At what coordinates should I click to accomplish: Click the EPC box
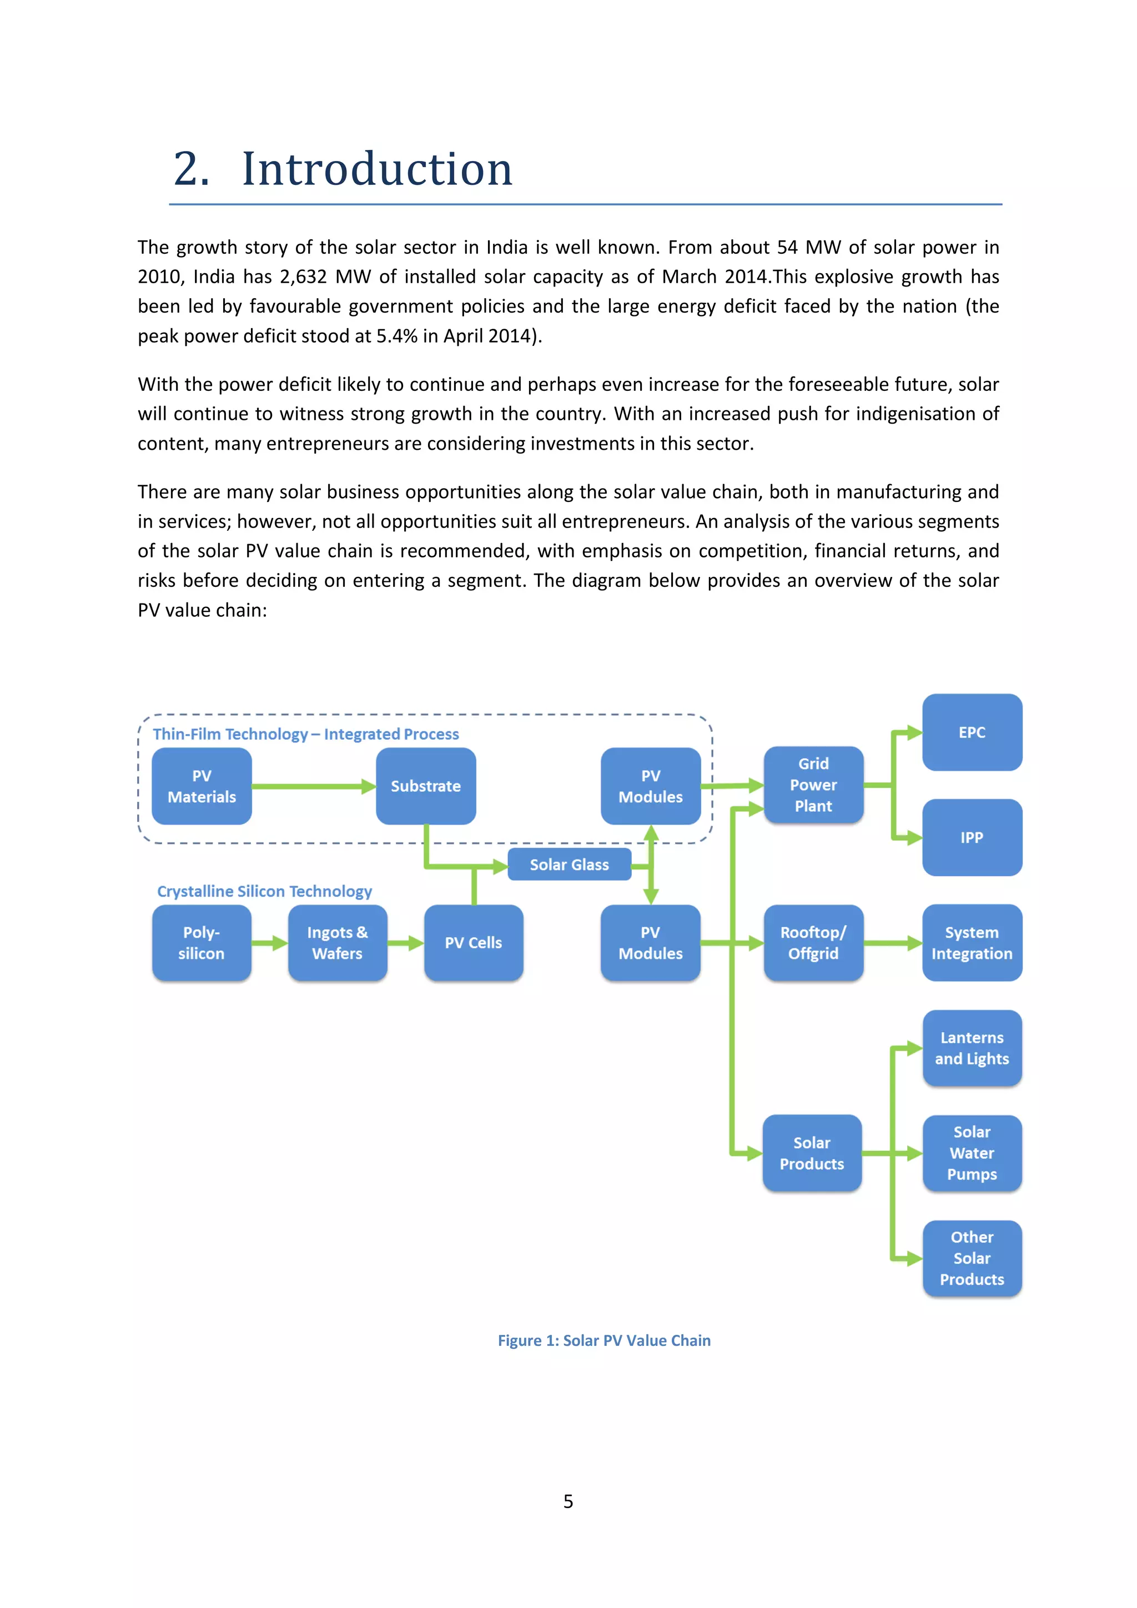972,732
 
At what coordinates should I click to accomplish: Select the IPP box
972,838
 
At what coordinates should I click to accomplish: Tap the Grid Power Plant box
813,785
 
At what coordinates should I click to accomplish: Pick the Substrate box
426,786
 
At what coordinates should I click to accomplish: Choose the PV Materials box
202,786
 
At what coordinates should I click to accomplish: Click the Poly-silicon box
202,943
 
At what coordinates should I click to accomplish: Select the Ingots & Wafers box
338,943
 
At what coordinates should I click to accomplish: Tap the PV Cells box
473,943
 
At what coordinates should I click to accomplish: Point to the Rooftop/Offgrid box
813,943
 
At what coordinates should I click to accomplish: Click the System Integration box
972,943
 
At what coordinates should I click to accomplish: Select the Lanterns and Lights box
972,1048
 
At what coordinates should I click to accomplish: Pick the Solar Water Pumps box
972,1153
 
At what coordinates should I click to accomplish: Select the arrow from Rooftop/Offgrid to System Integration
893,943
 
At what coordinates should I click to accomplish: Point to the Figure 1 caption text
603,1340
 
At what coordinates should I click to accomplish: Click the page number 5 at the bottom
568,1501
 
